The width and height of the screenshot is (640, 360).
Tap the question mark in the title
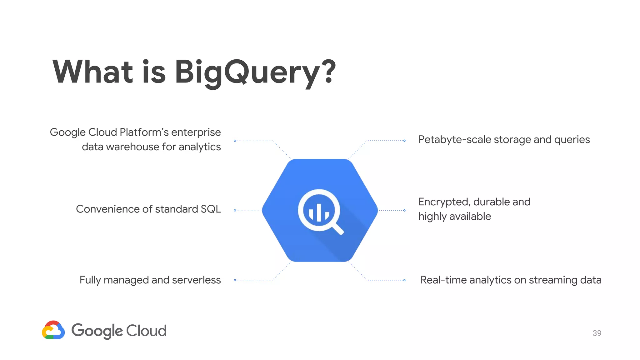click(328, 72)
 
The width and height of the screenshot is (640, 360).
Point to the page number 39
click(597, 333)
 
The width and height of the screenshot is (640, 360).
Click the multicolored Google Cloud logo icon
click(53, 330)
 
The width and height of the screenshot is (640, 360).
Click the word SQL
click(211, 209)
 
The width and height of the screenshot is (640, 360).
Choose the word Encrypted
click(444, 202)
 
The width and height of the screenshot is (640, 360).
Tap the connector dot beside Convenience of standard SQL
click(235, 210)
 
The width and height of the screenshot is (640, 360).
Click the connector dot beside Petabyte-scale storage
click(404, 141)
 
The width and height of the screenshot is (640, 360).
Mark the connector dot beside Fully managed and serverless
click(235, 280)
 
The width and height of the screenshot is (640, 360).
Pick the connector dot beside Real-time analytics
click(404, 280)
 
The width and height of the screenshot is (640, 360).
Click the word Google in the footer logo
click(97, 331)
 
